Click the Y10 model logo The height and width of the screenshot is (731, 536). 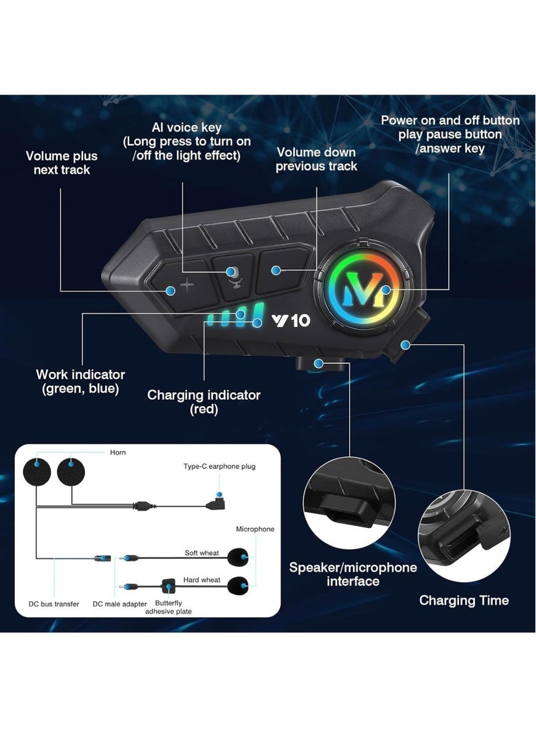tap(291, 320)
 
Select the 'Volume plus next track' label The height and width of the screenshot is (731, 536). tap(62, 163)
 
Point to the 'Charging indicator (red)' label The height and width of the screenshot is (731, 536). tap(204, 402)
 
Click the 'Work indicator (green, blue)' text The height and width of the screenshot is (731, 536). tap(80, 381)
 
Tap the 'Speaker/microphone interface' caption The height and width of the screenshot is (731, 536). tap(353, 574)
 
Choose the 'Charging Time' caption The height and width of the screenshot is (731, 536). tap(464, 600)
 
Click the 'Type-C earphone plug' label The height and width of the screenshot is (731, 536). tap(219, 466)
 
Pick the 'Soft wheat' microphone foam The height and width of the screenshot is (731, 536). tap(237, 556)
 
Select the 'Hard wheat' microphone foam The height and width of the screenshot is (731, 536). tap(238, 586)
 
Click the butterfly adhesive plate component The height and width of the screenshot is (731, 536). tap(167, 586)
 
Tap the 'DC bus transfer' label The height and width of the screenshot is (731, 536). tap(54, 604)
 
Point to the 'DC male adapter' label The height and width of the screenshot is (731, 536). tap(120, 604)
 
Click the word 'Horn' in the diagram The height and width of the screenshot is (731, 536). tap(118, 452)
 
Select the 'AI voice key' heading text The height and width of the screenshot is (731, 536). tap(186, 127)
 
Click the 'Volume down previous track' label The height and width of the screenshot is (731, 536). tap(316, 159)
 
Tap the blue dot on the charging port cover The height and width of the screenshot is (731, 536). tap(405, 345)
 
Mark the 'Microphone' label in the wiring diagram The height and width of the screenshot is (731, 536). tap(255, 529)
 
